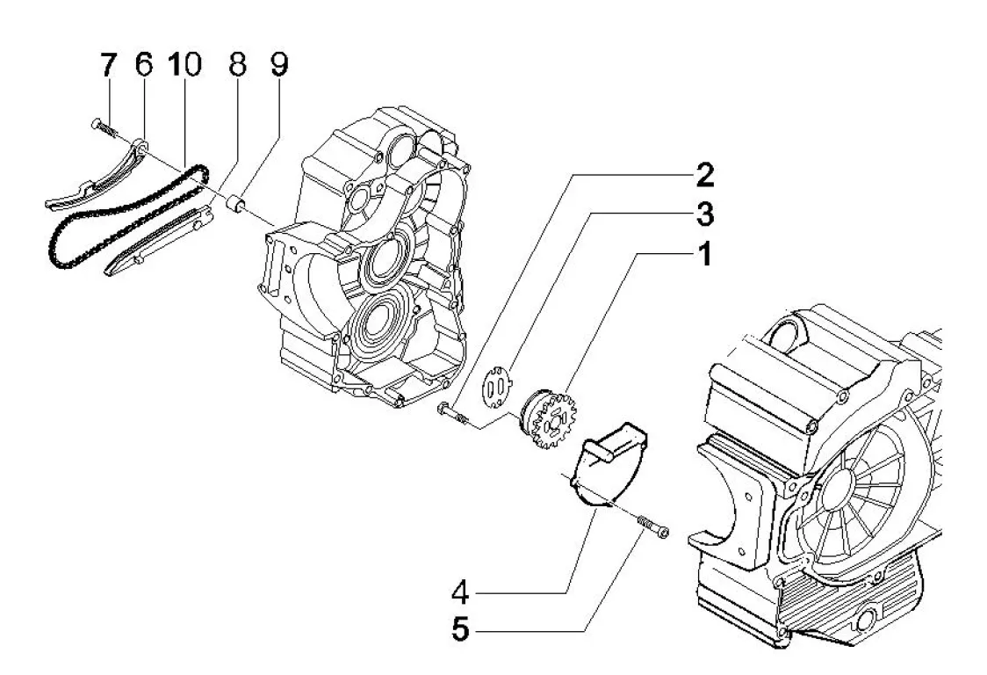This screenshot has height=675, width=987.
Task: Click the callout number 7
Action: [108, 65]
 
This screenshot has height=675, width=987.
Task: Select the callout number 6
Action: [144, 65]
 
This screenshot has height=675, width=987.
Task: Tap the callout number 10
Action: [184, 65]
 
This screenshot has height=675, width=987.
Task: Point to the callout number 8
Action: [237, 65]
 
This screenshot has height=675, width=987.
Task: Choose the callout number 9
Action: [279, 65]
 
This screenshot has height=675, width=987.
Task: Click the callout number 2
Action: [705, 175]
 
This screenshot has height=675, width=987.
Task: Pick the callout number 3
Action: [705, 215]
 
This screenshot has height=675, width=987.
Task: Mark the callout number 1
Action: [705, 255]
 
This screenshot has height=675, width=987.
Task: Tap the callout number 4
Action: [460, 592]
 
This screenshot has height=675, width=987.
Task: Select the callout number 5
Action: [460, 628]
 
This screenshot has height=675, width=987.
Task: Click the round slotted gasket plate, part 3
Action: [497, 387]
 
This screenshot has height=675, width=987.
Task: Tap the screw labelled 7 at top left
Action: [105, 128]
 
